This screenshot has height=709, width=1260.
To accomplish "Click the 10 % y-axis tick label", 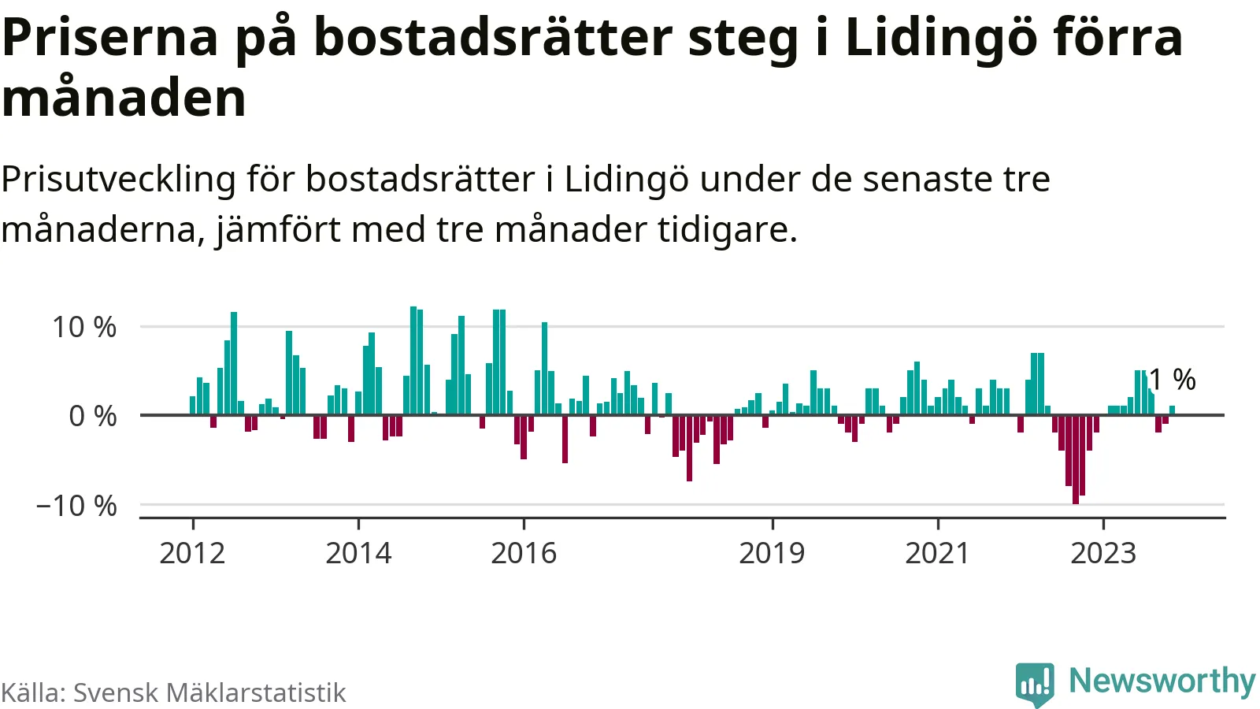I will pos(84,327).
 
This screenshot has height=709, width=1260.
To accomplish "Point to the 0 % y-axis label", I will pos(93,416).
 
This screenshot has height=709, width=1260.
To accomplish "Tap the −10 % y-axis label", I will pos(76,506).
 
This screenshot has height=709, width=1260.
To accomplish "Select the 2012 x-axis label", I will pos(192,553).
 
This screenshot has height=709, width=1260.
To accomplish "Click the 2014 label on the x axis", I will pos(358,553).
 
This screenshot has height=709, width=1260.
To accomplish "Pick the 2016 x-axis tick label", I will pos(524,553).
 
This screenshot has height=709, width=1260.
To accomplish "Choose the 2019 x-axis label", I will pos(772,553).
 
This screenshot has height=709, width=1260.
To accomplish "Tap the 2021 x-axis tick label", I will pos(937,553).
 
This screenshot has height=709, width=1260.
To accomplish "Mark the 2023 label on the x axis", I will pos(1103,553).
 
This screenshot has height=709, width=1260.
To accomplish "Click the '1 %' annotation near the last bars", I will pos(1173,380).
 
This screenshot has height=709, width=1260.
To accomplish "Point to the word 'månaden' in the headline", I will pos(124,98).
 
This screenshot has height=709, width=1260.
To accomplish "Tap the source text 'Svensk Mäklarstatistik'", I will pos(209,692).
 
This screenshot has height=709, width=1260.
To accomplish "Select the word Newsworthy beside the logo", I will pos(1162,681).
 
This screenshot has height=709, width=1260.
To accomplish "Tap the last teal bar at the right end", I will pos(1172,410).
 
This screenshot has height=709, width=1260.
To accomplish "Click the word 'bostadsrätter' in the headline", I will pos(494,37).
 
